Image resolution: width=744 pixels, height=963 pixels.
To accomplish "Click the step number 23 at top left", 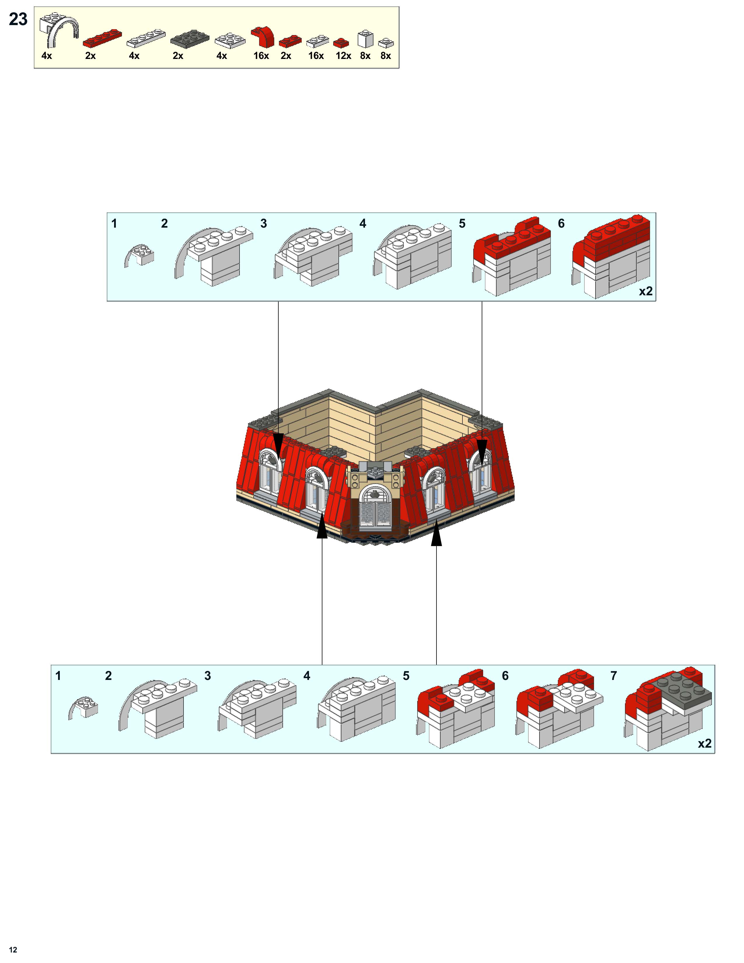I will point(18,19).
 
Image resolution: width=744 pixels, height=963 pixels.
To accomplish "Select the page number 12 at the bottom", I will point(13,949).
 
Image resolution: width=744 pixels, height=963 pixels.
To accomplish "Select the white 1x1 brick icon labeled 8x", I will point(365,39).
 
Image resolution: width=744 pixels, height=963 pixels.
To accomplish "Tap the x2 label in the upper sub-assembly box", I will point(646,292).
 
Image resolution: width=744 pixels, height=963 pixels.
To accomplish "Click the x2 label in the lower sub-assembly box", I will point(704,744).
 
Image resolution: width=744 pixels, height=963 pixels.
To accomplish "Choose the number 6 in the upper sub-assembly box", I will point(561,224).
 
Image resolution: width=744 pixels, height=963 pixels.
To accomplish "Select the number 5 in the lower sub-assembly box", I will point(406,676).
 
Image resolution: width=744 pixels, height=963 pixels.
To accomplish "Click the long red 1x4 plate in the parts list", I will point(102,38).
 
